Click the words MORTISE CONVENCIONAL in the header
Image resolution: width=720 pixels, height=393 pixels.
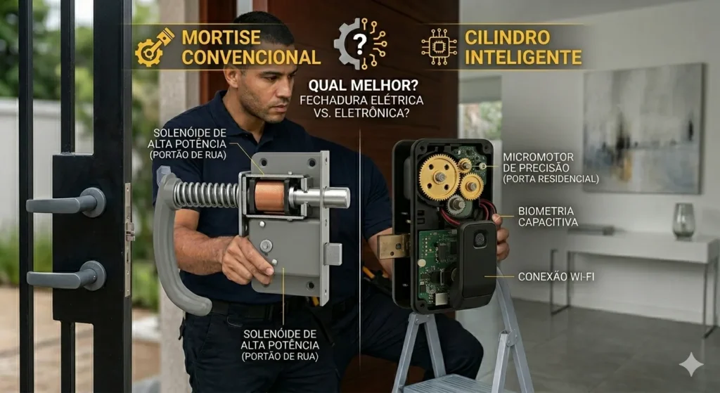coord(250,47)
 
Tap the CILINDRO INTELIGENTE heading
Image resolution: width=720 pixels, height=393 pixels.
coord(523,47)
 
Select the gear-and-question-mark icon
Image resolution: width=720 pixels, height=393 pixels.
coord(359,44)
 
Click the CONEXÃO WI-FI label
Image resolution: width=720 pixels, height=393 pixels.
coord(556,276)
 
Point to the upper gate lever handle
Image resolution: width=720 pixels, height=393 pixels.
coord(67,203)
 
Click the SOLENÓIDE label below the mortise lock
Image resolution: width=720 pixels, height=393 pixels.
coord(280,344)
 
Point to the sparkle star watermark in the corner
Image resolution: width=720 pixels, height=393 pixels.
coord(690,364)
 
